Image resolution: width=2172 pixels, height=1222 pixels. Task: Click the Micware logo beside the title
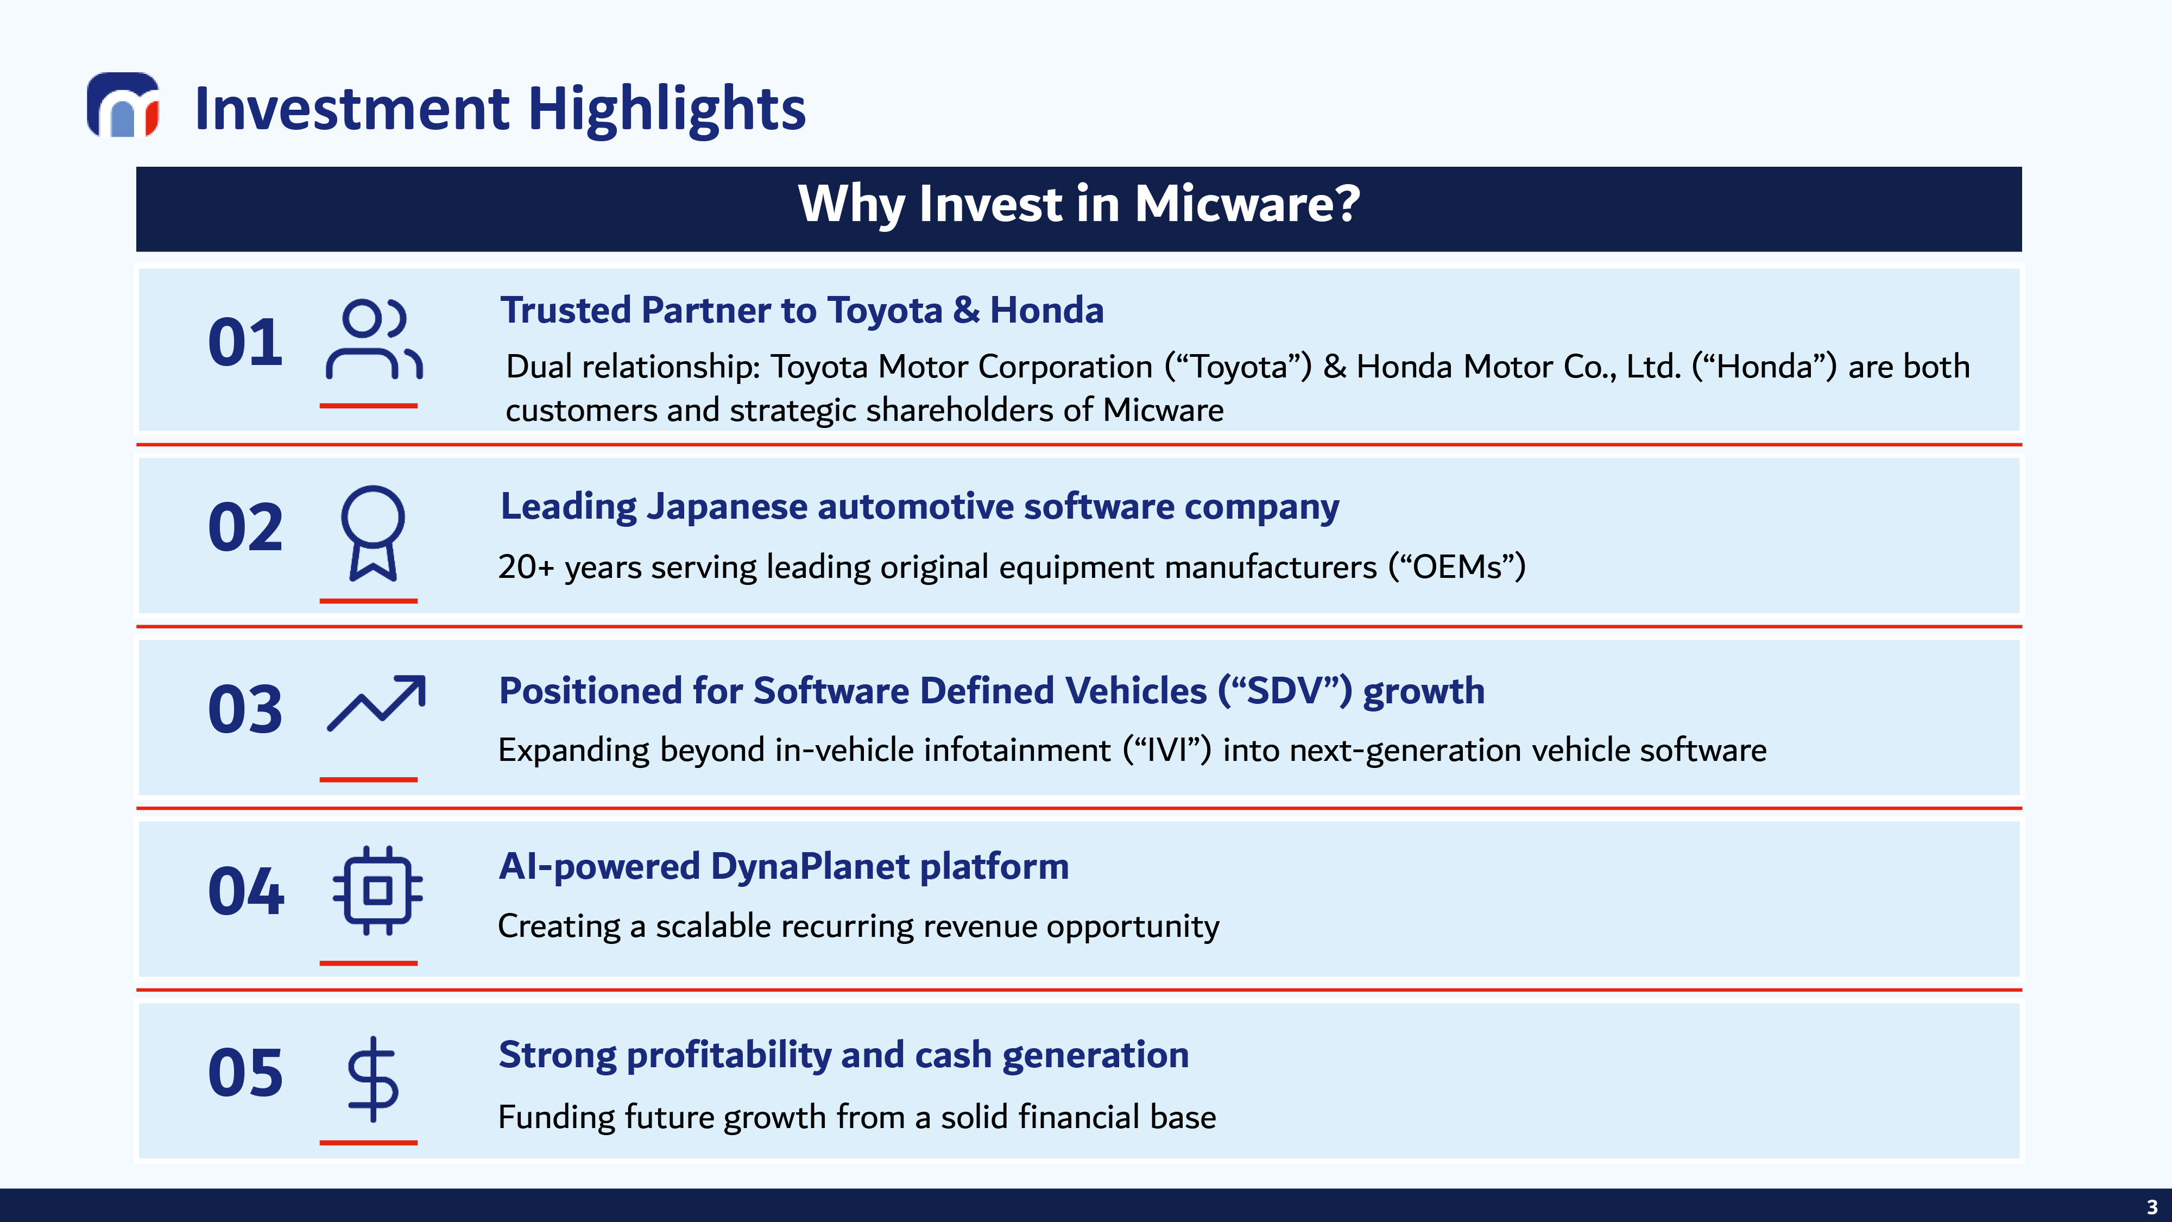coord(123,105)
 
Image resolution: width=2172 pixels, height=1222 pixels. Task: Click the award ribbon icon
coord(372,533)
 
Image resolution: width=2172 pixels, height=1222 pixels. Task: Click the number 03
coord(245,709)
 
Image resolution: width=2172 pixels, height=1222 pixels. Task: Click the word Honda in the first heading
coord(1046,310)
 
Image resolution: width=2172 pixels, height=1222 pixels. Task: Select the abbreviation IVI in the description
coord(1167,749)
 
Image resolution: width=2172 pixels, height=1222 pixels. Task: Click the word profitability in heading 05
coord(729,1056)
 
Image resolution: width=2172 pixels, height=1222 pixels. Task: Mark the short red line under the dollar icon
coord(369,1143)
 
